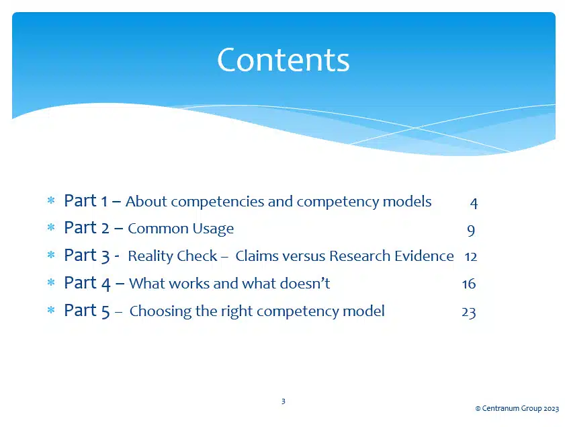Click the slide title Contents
[283, 60]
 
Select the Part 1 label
[86, 201]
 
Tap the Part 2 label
[87, 229]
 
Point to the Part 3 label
[87, 256]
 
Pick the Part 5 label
[87, 311]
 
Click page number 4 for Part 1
[474, 202]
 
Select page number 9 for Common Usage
[471, 230]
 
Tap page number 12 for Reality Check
[470, 257]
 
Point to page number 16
[469, 284]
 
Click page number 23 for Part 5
[469, 312]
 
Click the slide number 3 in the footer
[283, 401]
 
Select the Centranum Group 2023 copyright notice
[517, 408]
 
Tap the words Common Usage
[181, 229]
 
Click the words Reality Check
[173, 257]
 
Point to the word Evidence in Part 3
[426, 256]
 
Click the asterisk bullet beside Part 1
[50, 201]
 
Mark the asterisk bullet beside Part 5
[50, 311]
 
